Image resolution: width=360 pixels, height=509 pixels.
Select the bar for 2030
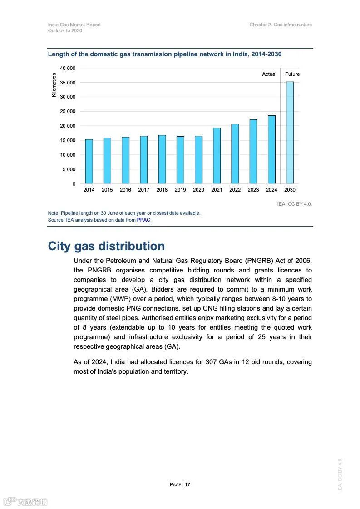click(x=290, y=133)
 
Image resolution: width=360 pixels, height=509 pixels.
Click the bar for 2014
click(x=89, y=161)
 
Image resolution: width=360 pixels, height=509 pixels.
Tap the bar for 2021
click(x=217, y=156)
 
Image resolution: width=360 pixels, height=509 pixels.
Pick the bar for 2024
click(x=271, y=149)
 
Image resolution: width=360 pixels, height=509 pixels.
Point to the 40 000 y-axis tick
click(x=68, y=68)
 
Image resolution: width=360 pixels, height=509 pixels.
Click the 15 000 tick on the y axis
click(x=68, y=140)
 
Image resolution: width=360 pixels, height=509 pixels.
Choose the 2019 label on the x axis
click(x=180, y=190)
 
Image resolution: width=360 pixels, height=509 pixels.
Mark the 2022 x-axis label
click(x=235, y=190)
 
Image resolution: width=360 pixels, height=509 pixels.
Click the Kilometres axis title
click(x=54, y=85)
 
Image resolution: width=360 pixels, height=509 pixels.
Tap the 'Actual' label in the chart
click(x=269, y=74)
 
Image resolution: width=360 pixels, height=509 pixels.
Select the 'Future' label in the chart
click(x=292, y=74)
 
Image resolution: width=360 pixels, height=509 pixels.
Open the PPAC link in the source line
click(x=143, y=220)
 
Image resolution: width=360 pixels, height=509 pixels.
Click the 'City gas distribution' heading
click(x=106, y=246)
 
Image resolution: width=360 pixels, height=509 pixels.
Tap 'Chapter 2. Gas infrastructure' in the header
click(x=281, y=25)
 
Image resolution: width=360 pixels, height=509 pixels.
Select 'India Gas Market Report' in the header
click(x=74, y=25)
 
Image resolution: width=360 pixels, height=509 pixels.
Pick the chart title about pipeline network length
click(x=165, y=54)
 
